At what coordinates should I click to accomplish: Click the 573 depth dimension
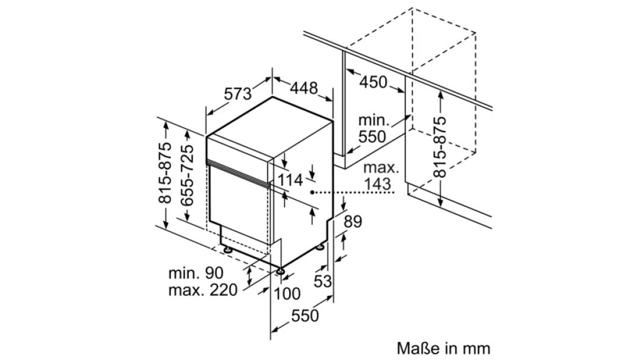tap(237, 94)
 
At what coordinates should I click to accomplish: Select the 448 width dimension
tap(304, 88)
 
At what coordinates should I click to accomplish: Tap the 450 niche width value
tap(373, 82)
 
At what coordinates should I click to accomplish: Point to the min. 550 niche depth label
tap(372, 128)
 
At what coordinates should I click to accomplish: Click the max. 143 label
tap(380, 176)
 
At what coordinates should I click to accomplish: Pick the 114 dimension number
tap(290, 180)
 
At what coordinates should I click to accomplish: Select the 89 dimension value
tap(353, 222)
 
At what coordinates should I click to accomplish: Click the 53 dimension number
tap(322, 281)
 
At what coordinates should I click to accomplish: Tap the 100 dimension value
tap(287, 294)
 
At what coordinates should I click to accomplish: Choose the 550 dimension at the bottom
tap(304, 316)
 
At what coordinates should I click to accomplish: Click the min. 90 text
tap(196, 273)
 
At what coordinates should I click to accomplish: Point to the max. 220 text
tap(203, 290)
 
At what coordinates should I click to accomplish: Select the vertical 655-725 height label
tap(187, 176)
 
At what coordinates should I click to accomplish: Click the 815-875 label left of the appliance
tap(165, 173)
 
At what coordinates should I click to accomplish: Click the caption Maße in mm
tap(443, 349)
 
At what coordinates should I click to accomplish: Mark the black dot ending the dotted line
tap(312, 192)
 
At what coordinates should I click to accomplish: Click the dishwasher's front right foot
tap(281, 270)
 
